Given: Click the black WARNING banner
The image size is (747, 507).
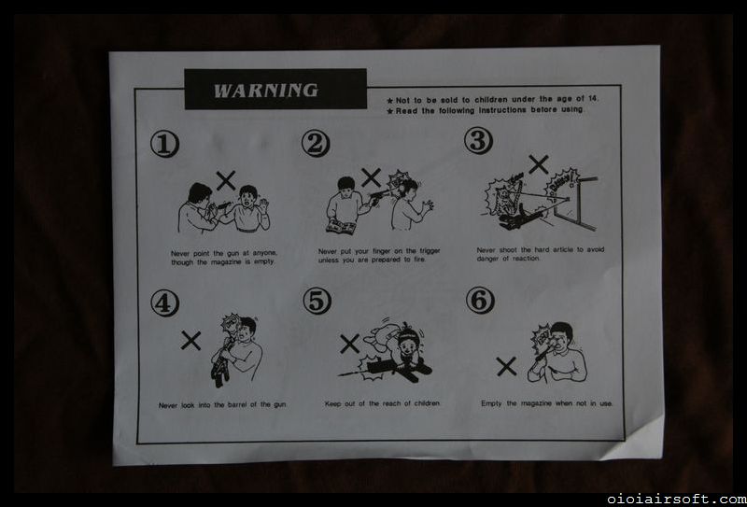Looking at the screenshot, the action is pyautogui.click(x=275, y=89).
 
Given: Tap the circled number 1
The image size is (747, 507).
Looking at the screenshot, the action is pyautogui.click(x=165, y=145).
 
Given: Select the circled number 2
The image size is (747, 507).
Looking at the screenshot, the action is pyautogui.click(x=316, y=144).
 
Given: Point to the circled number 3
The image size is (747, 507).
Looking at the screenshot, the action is pyautogui.click(x=478, y=141).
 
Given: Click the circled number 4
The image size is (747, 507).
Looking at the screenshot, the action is pyautogui.click(x=165, y=303).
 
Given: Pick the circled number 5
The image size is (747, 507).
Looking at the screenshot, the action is pyautogui.click(x=317, y=302).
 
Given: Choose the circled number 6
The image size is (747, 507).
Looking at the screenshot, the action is pyautogui.click(x=480, y=301).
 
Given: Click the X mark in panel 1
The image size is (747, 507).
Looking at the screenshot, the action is pyautogui.click(x=226, y=180).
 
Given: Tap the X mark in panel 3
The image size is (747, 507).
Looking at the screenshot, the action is pyautogui.click(x=539, y=164).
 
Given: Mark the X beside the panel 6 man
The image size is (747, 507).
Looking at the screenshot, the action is pyautogui.click(x=506, y=366).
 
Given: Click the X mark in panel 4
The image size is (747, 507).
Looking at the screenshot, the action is pyautogui.click(x=190, y=340).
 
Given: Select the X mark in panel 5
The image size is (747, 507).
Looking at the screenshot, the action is pyautogui.click(x=349, y=344).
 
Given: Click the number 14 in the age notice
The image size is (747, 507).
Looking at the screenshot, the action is pyautogui.click(x=592, y=99).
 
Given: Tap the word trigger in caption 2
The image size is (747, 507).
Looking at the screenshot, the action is pyautogui.click(x=429, y=250).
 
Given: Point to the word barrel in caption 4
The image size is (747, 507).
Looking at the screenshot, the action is pyautogui.click(x=240, y=405).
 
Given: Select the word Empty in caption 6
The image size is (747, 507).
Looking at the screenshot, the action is pyautogui.click(x=491, y=403).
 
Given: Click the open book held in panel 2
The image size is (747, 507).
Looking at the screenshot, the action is pyautogui.click(x=340, y=226).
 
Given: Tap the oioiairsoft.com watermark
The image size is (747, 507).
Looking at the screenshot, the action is pyautogui.click(x=676, y=500).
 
